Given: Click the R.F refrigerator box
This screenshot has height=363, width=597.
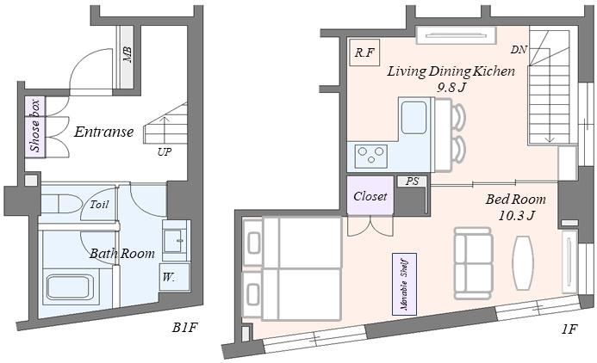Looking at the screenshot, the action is pos(364,52).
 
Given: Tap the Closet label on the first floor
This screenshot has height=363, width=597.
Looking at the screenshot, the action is pos(370,196).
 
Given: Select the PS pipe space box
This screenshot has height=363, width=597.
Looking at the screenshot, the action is pos(412,181).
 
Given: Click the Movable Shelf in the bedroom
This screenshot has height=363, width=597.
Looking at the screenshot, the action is pos(404,285).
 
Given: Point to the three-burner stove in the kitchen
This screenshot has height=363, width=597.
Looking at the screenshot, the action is pos(371,157).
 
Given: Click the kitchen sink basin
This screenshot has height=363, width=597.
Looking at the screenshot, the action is pos(414,118).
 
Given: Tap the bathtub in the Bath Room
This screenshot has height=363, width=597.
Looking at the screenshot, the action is pos(71,287).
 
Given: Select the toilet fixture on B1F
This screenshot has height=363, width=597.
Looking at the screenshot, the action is pos(61,204).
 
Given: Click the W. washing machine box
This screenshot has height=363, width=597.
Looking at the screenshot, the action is pos(174,277).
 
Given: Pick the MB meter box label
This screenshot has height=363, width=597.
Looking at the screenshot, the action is pos(127,55).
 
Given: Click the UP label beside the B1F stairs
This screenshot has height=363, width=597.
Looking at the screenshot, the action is pos(165,152).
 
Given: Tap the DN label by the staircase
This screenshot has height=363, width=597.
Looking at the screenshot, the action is pos(519,49).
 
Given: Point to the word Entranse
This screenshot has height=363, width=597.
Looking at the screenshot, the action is pos(104,132).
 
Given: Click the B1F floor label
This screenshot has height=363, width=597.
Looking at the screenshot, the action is pos(185,327).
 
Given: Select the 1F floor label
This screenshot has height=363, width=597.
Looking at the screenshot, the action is pos(569,329).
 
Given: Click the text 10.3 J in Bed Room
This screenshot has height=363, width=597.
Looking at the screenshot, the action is pos(517,216).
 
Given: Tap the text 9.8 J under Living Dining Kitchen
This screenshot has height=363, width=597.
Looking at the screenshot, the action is pos(451,88).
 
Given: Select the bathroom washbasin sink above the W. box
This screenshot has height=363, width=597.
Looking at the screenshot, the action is pos(175,240).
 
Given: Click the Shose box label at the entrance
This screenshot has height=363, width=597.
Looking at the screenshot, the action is pos(35,126).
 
